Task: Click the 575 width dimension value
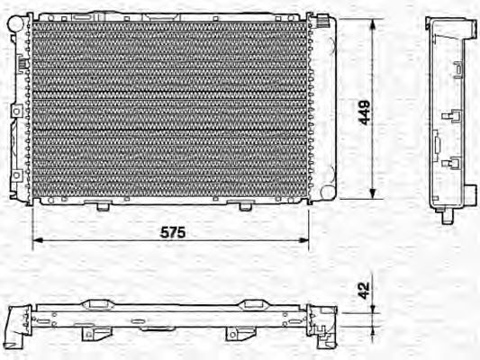[x=174, y=232]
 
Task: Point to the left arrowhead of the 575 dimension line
[x=37, y=241]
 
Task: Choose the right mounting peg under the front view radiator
[x=245, y=205]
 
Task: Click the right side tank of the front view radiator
[x=323, y=108]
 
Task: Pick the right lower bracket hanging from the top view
[x=237, y=335]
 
